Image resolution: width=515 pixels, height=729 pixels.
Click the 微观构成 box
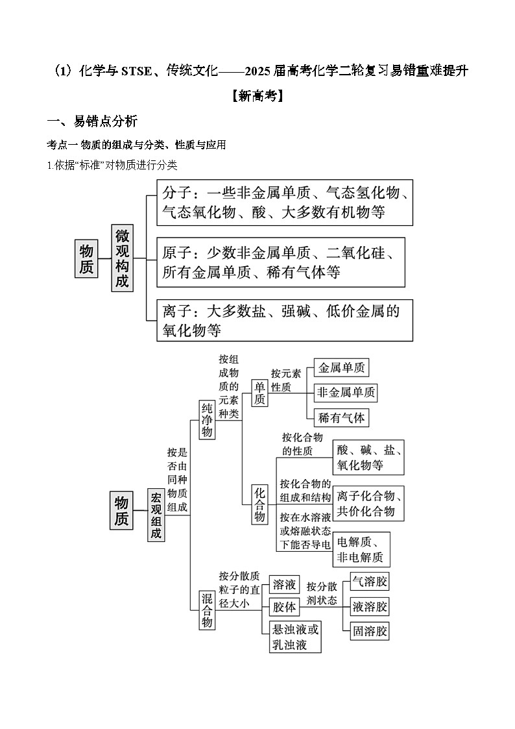(x=122, y=258)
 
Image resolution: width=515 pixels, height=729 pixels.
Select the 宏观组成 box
(x=156, y=515)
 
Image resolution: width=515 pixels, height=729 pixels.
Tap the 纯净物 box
(x=207, y=420)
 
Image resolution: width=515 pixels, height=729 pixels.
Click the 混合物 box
(x=207, y=610)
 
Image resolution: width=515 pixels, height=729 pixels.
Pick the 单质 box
(x=259, y=393)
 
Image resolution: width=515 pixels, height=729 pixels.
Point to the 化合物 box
(x=259, y=504)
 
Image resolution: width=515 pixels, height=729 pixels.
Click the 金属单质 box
(x=341, y=368)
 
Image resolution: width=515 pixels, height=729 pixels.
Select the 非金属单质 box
(x=346, y=393)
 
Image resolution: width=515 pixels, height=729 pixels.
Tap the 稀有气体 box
(x=341, y=417)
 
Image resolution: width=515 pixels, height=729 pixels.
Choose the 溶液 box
(x=284, y=584)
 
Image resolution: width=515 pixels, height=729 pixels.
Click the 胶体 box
(x=284, y=607)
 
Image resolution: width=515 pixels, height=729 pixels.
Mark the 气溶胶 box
(x=369, y=582)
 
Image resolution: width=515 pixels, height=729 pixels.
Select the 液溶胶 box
(x=369, y=606)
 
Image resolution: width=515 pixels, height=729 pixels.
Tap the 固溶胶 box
(x=369, y=631)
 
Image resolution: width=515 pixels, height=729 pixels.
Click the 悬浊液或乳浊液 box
(x=295, y=637)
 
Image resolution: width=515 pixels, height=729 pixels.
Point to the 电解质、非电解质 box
(x=361, y=550)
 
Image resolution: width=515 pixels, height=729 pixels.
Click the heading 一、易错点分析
(x=92, y=121)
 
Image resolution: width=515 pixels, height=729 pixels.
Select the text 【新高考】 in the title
(x=257, y=96)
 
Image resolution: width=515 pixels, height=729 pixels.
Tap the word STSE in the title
(x=136, y=71)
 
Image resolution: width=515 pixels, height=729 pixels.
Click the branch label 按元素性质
(x=286, y=380)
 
